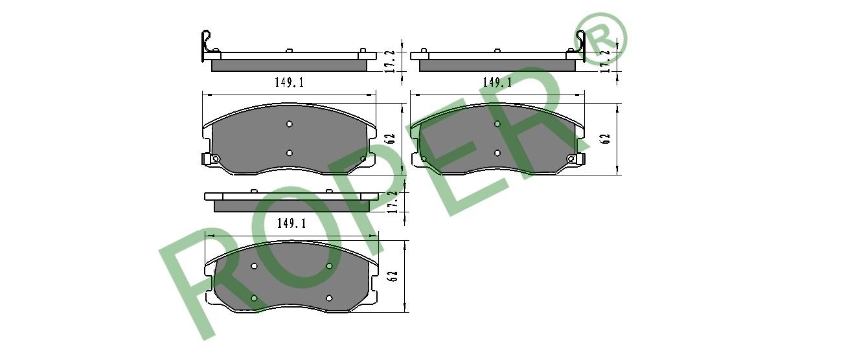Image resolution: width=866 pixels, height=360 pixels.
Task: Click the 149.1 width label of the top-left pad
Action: (289, 82)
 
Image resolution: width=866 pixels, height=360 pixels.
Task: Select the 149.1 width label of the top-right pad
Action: (497, 82)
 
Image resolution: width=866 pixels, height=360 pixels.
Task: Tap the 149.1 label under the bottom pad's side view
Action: (291, 223)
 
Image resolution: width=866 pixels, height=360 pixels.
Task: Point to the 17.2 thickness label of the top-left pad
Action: (390, 62)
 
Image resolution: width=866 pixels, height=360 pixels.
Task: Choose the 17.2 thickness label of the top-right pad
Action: (605, 62)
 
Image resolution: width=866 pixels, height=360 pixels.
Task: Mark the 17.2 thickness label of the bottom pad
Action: (393, 201)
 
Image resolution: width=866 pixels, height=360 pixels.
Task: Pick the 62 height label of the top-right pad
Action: (606, 139)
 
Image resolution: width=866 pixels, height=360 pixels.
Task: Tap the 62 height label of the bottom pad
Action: (393, 276)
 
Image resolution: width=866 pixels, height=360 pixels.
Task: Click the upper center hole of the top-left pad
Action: (289, 124)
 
